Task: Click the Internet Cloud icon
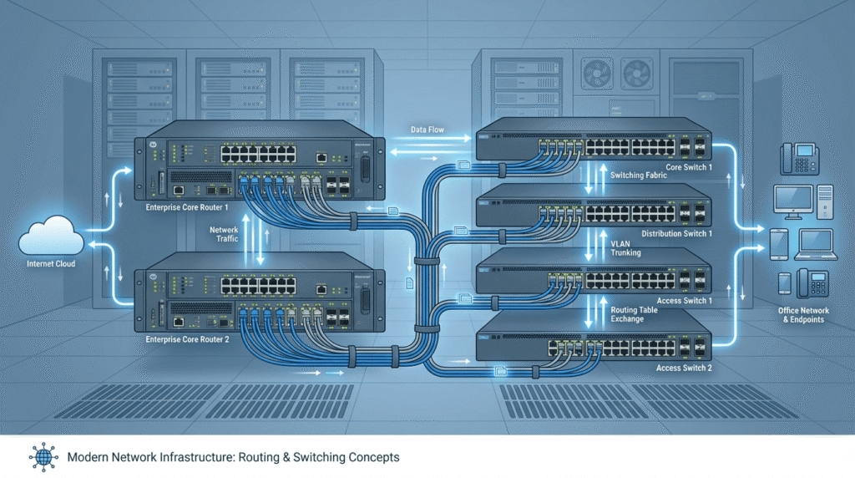pyautogui.click(x=52, y=236)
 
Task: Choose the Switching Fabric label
pyautogui.click(x=638, y=175)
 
